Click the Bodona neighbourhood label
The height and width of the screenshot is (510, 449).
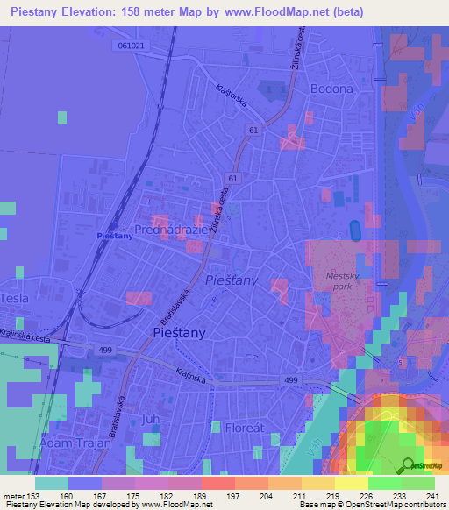tap(331, 89)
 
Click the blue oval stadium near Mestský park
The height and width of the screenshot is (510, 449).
tap(355, 230)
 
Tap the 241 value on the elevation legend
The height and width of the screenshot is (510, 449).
tap(429, 496)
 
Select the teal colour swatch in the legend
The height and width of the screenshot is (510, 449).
tap(51, 483)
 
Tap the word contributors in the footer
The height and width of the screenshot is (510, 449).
tap(422, 506)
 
